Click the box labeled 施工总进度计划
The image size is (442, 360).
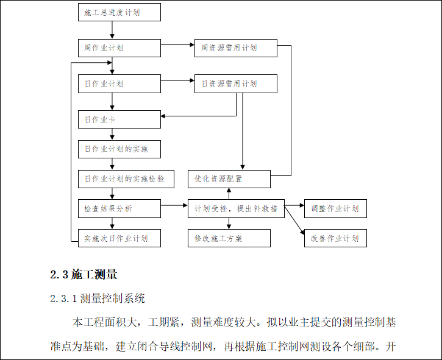pos(119,12)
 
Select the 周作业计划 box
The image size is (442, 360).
pos(119,48)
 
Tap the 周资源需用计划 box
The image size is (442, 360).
pos(235,48)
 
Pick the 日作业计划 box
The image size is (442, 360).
pos(119,83)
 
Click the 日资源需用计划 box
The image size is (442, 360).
pos(235,83)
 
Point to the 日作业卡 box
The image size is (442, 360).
pos(119,119)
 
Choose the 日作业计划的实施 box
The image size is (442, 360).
pos(119,149)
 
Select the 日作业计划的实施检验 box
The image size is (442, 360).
pos(126,178)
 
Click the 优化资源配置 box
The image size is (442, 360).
pos(229,178)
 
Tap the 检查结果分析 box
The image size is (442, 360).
pos(119,208)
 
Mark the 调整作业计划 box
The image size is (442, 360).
pos(335,208)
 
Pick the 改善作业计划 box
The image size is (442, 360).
pos(335,238)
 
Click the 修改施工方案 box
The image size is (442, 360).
pos(229,238)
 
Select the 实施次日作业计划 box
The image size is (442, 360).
pos(119,238)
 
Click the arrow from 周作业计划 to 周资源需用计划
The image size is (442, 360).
pos(177,45)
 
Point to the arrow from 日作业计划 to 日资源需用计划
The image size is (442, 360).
pos(177,81)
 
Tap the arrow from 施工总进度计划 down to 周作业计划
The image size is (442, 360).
pos(112,30)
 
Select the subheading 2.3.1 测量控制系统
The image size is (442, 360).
pos(98,298)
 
